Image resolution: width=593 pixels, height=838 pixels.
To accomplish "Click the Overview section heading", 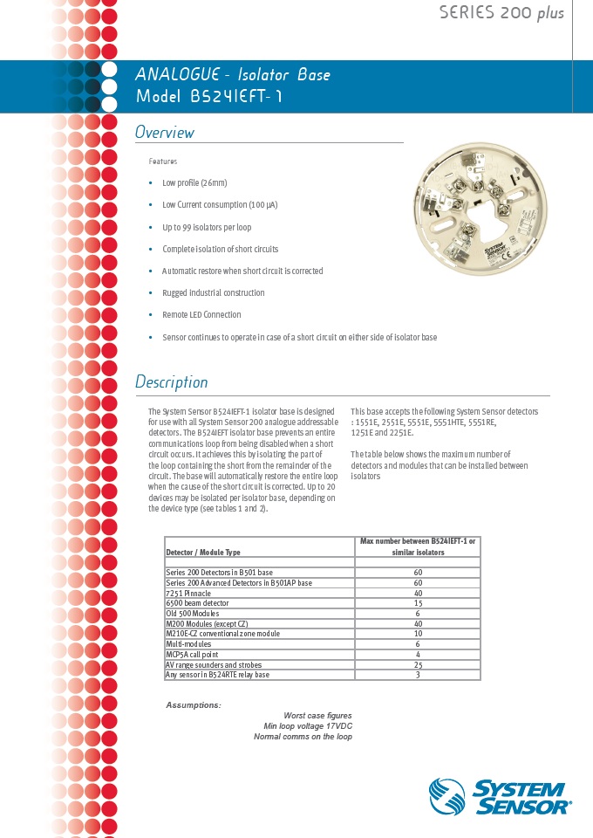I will [x=165, y=133].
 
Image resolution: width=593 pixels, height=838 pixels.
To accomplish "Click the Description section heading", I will [x=172, y=382].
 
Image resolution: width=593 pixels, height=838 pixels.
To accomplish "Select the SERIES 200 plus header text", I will [x=501, y=12].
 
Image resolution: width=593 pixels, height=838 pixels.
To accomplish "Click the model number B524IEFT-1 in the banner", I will [x=208, y=96].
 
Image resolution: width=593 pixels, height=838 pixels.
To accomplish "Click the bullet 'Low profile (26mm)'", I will [x=194, y=183].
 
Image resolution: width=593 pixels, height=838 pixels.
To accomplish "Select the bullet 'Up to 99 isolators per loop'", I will [x=207, y=227].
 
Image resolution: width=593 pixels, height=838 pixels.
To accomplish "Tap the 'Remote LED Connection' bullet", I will [x=201, y=314].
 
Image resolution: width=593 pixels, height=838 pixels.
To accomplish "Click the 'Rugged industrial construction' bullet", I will [x=213, y=292].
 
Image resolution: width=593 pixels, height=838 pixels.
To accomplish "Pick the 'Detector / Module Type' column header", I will [x=203, y=553].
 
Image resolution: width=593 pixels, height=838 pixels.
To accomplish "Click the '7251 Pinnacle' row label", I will [x=188, y=593].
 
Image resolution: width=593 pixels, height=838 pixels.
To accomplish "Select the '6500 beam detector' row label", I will [x=197, y=603].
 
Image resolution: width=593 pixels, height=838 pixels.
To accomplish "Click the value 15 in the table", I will [x=418, y=603].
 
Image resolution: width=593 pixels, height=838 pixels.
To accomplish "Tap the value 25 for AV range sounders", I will [x=418, y=665].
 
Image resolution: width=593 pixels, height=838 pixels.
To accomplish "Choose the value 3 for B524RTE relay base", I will [x=418, y=675].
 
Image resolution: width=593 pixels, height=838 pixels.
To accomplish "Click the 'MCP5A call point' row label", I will [x=192, y=655].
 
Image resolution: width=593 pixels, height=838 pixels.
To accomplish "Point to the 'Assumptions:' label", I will [x=194, y=704].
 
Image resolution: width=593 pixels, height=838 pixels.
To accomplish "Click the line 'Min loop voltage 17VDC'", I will [x=308, y=726].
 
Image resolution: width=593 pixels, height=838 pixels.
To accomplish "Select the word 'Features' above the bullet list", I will [x=163, y=161].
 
